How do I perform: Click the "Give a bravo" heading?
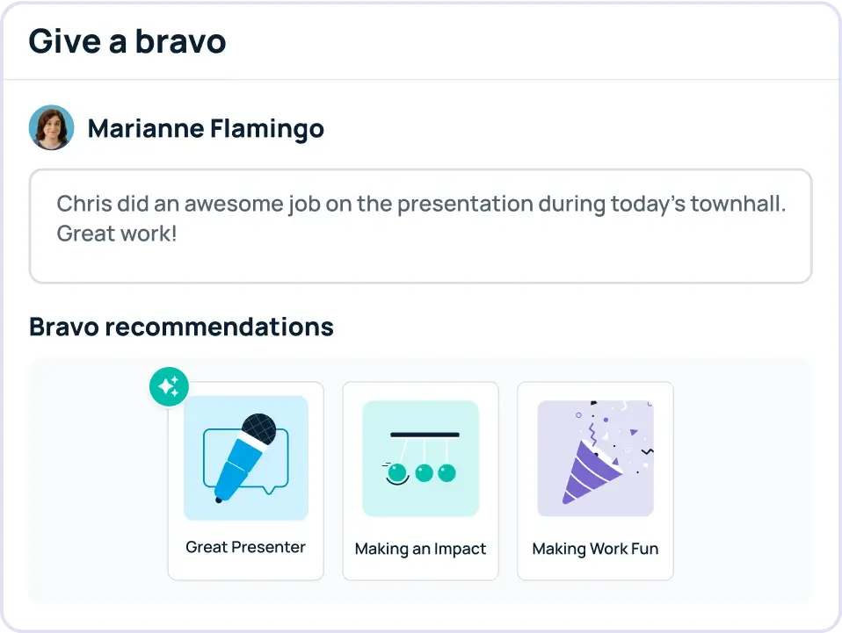pos(127,42)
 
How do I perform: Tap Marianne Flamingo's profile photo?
pos(52,127)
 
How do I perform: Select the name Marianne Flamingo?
pos(206,129)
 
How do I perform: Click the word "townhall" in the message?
pos(737,204)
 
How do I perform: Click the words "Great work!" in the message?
pos(117,234)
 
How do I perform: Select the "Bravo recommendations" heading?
pos(182,327)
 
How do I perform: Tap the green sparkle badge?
pos(169,387)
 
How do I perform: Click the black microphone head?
pos(258,429)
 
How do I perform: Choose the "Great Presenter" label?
pos(245,547)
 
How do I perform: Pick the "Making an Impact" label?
pos(420,549)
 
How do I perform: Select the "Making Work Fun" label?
pos(595,549)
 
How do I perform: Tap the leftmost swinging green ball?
pos(398,473)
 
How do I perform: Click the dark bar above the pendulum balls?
pos(425,435)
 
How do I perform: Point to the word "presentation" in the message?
pos(465,204)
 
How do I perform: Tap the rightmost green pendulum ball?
pos(446,473)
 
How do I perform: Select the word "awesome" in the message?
pos(234,204)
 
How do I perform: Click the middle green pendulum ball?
pos(425,473)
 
